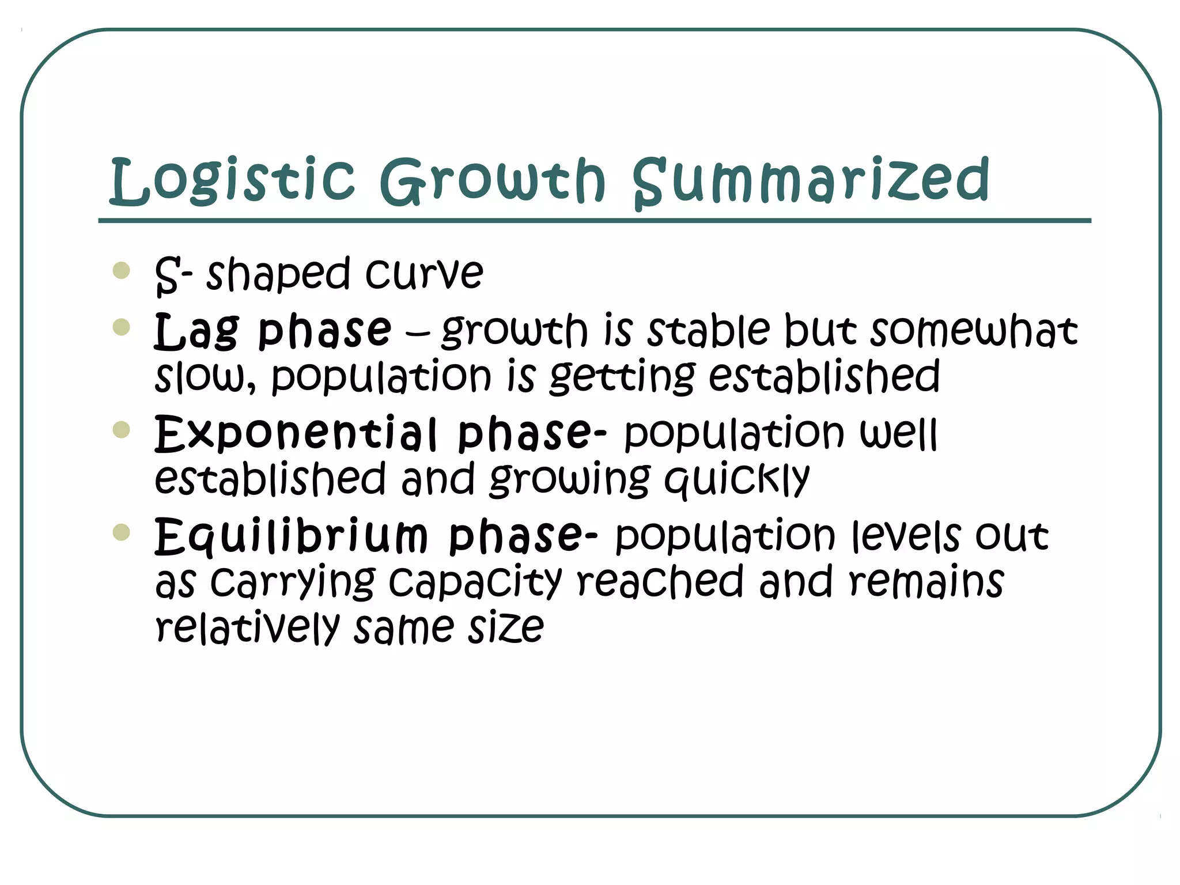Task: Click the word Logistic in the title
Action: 232,181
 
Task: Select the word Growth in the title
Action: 493,181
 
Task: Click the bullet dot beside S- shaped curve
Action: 122,270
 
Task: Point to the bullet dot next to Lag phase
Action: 122,327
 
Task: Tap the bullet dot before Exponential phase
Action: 122,430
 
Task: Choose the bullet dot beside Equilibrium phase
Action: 122,532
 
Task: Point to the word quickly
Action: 737,480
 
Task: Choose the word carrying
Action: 293,583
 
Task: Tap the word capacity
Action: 475,583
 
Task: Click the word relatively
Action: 248,627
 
